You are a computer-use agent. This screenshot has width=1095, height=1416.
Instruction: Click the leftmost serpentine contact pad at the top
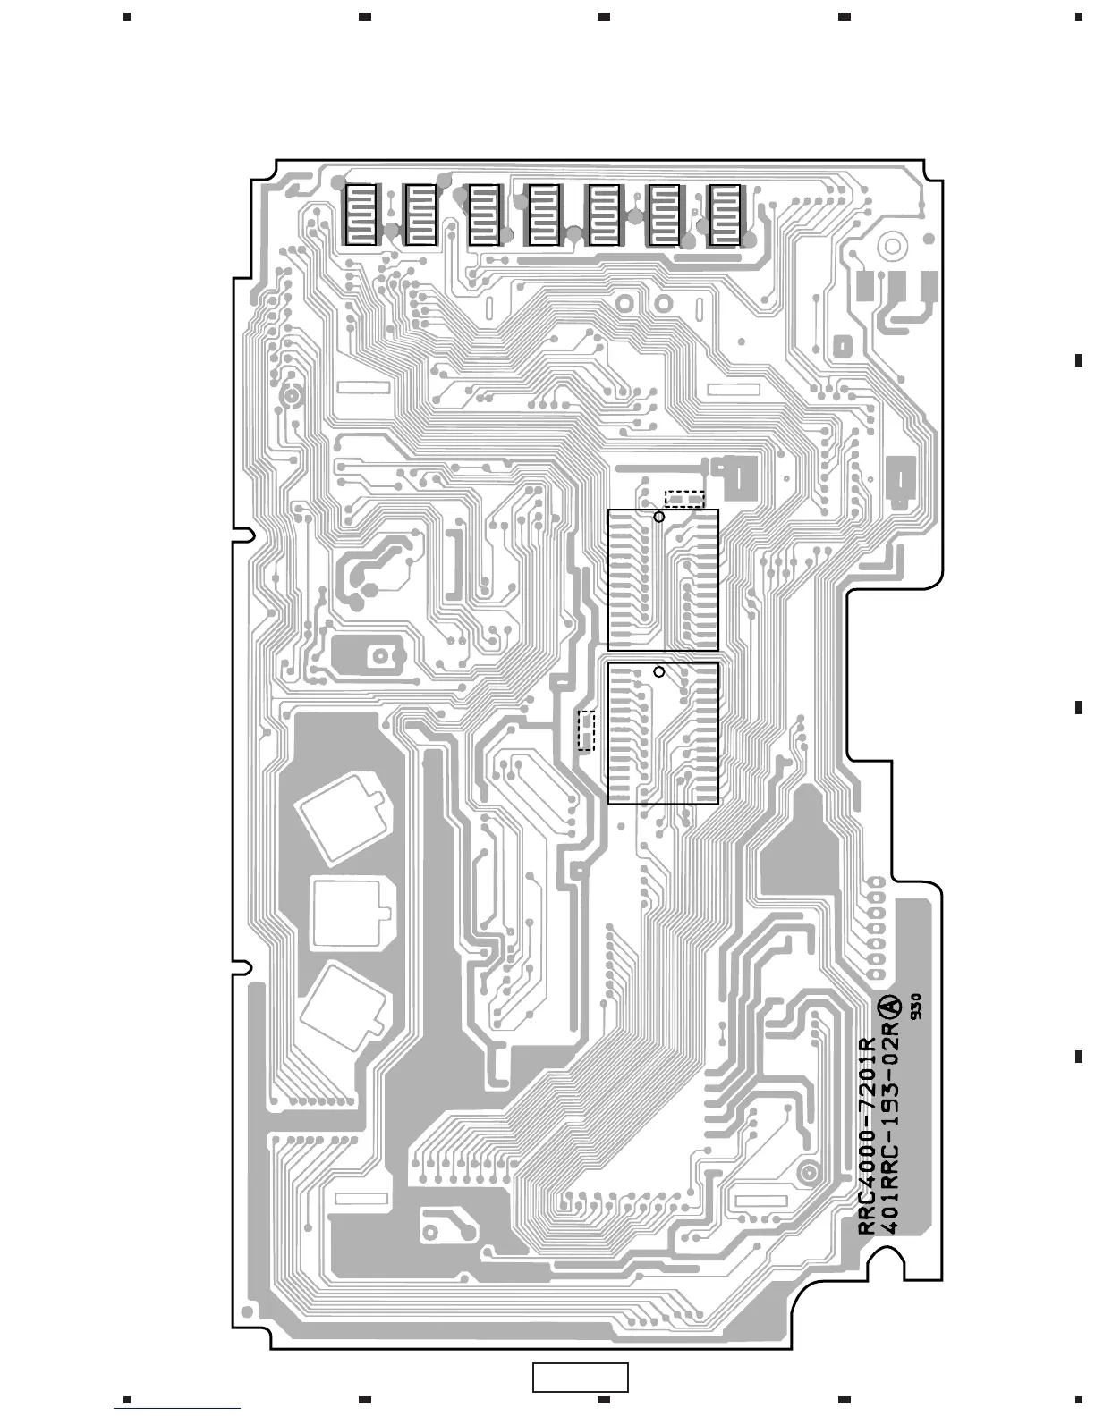(x=361, y=215)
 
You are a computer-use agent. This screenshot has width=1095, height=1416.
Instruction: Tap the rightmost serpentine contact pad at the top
(x=724, y=215)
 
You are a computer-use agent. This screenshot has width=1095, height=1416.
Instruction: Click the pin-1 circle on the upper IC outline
(x=659, y=517)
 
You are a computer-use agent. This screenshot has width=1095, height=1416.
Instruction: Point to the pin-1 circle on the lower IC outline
(x=659, y=671)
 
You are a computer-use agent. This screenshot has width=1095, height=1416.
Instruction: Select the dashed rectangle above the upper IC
(x=684, y=498)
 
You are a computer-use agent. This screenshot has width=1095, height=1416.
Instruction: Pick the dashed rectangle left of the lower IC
(x=587, y=730)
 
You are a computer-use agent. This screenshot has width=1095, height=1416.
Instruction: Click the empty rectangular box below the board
(x=581, y=1377)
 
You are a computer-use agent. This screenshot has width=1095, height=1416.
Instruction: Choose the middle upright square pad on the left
(x=351, y=913)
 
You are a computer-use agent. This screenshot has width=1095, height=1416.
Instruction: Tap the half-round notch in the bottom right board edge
(x=895, y=1260)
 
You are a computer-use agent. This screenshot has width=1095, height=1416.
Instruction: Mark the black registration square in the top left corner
(x=127, y=16)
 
